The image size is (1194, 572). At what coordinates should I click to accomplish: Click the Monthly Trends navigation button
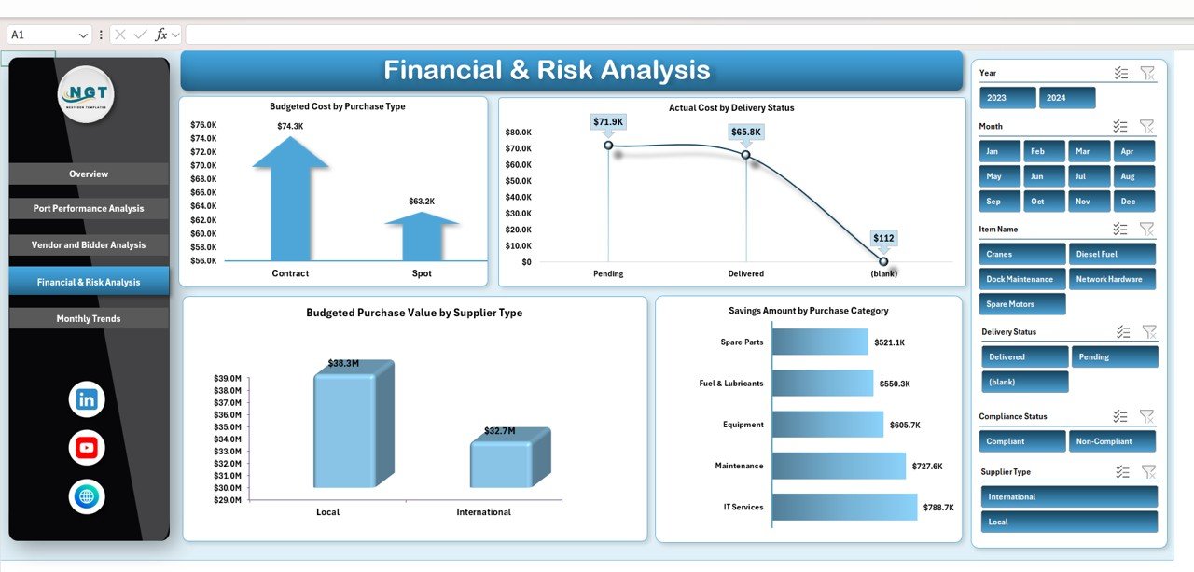coord(89,319)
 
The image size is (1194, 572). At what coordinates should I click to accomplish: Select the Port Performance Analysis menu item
coord(89,209)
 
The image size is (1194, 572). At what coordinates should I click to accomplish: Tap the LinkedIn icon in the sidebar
coord(87,399)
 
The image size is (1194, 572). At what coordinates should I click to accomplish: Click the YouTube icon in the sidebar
coord(87,448)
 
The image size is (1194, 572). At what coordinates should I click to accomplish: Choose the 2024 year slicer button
coord(1067,98)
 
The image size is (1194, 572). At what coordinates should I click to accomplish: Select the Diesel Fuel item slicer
coord(1115,254)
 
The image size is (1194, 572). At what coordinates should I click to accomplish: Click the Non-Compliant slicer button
coord(1115,441)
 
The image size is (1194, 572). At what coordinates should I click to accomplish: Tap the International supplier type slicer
coord(1069,496)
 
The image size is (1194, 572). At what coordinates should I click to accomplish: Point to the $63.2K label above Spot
coord(422,202)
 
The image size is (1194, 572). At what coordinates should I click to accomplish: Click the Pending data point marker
coord(608,145)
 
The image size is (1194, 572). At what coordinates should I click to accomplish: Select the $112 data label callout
coord(883,238)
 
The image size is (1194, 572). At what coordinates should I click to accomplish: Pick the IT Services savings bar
coord(844,507)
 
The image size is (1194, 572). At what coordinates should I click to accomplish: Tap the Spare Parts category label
coord(742,342)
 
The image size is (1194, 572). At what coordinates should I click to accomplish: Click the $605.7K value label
coord(905,425)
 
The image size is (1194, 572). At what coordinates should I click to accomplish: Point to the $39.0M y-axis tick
coord(229,379)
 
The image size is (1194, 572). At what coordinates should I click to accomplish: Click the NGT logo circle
coord(86,94)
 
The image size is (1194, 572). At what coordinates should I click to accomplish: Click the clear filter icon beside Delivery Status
coord(1149,332)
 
